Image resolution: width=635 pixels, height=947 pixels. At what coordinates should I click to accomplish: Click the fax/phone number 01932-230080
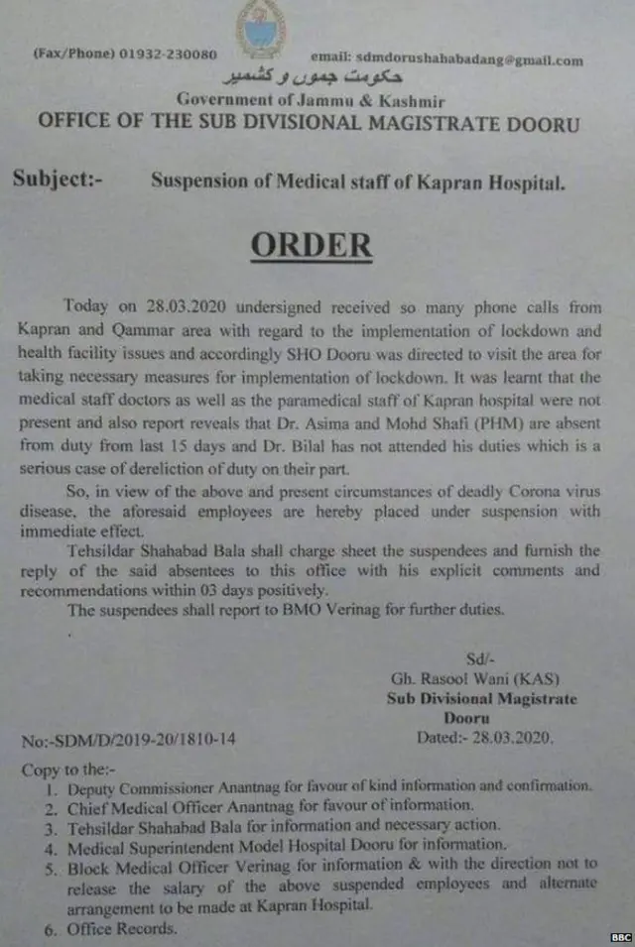click(167, 54)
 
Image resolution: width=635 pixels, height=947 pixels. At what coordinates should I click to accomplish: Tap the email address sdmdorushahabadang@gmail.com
click(446, 60)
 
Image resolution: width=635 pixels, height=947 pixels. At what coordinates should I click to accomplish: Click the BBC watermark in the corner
click(619, 936)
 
